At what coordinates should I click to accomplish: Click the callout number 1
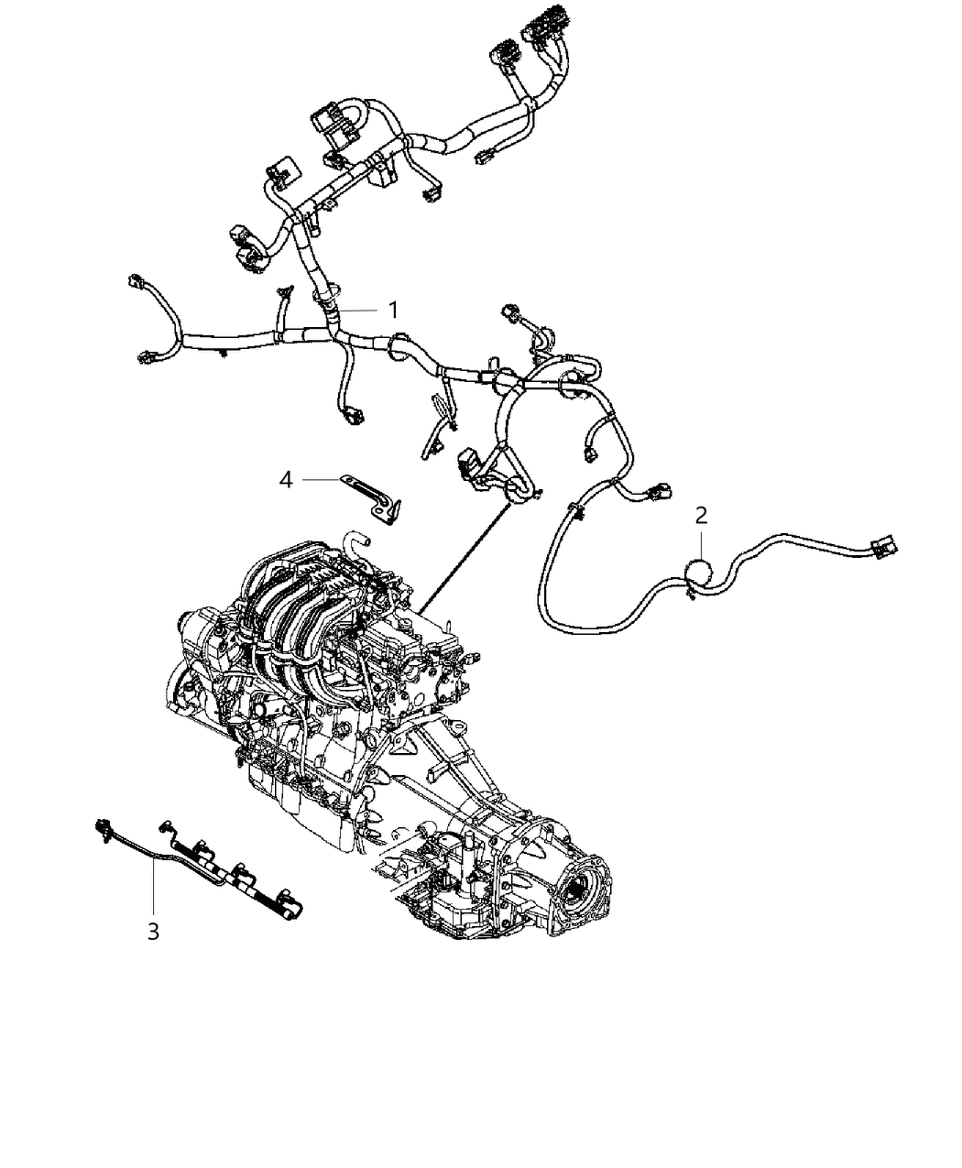[393, 310]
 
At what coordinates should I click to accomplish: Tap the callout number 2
[701, 515]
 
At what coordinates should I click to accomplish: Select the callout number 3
[153, 932]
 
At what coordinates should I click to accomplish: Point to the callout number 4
[286, 478]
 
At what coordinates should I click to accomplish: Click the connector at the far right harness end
[885, 548]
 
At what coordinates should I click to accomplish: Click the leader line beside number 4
[322, 478]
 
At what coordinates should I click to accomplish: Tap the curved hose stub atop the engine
[354, 540]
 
